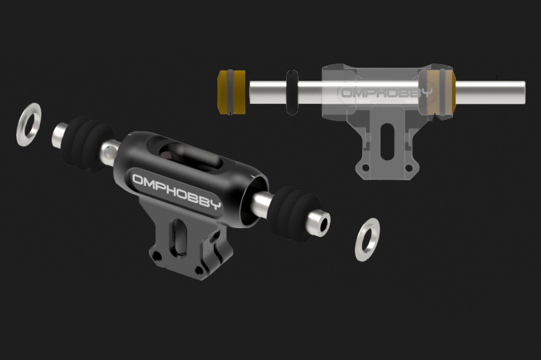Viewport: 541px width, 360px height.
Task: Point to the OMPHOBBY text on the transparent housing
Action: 386,92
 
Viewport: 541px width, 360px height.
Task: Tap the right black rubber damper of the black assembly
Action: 294,214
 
